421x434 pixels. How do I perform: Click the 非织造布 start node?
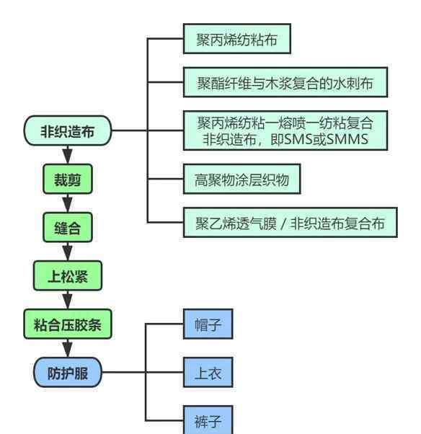click(x=68, y=130)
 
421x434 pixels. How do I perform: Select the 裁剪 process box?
click(x=68, y=179)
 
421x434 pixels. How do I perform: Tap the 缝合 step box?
click(x=68, y=227)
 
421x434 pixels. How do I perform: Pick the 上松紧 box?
click(x=68, y=275)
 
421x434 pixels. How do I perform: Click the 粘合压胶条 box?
click(x=68, y=324)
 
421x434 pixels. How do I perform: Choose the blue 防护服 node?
click(x=68, y=372)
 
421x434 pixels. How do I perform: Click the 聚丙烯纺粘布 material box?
click(x=237, y=39)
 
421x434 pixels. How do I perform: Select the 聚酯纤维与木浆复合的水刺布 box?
click(x=285, y=82)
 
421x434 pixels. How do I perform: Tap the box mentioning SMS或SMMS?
click(x=285, y=130)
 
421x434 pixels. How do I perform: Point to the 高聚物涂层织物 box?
click(x=242, y=179)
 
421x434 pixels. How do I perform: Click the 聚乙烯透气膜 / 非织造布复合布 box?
click(x=291, y=223)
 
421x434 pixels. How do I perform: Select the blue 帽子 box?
click(x=208, y=324)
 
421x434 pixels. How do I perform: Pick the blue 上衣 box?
click(x=208, y=372)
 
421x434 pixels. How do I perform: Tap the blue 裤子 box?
click(x=208, y=420)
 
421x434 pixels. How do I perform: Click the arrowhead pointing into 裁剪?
click(x=68, y=156)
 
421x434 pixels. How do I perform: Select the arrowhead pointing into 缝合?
click(x=68, y=205)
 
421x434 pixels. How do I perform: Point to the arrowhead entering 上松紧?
click(x=68, y=254)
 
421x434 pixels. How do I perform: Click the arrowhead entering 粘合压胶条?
click(x=68, y=302)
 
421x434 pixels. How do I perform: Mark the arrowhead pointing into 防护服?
click(x=68, y=350)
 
